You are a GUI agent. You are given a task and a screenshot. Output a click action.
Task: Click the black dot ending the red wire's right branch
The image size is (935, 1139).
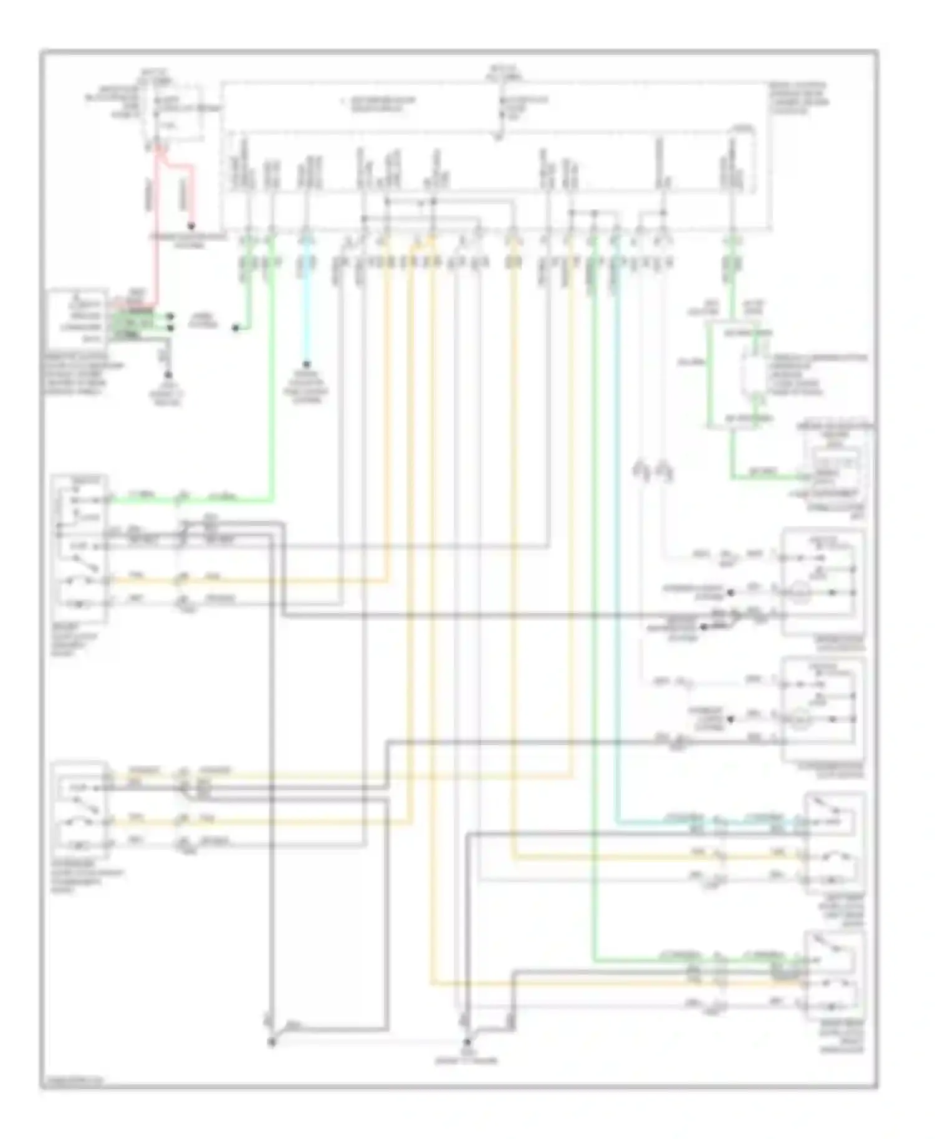click(192, 226)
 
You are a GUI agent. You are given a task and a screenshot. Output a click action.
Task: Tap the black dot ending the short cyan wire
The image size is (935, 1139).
click(306, 363)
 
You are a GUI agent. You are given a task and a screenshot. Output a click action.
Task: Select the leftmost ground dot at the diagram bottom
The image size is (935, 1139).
click(272, 1042)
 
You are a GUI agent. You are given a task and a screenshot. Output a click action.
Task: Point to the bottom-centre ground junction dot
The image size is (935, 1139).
click(466, 1042)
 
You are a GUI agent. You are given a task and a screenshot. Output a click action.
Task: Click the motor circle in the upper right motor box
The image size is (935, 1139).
click(799, 591)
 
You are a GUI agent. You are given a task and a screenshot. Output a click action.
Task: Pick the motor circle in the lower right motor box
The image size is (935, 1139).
click(799, 719)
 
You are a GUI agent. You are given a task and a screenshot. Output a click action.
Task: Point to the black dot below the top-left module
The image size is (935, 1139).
click(168, 375)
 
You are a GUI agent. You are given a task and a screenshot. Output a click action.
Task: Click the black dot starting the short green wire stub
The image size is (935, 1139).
click(236, 328)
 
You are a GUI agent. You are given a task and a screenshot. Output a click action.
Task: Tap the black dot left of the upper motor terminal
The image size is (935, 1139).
click(731, 592)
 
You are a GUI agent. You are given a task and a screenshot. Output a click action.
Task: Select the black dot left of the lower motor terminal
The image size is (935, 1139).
click(731, 719)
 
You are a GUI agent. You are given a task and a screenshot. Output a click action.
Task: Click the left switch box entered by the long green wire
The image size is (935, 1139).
click(80, 548)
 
